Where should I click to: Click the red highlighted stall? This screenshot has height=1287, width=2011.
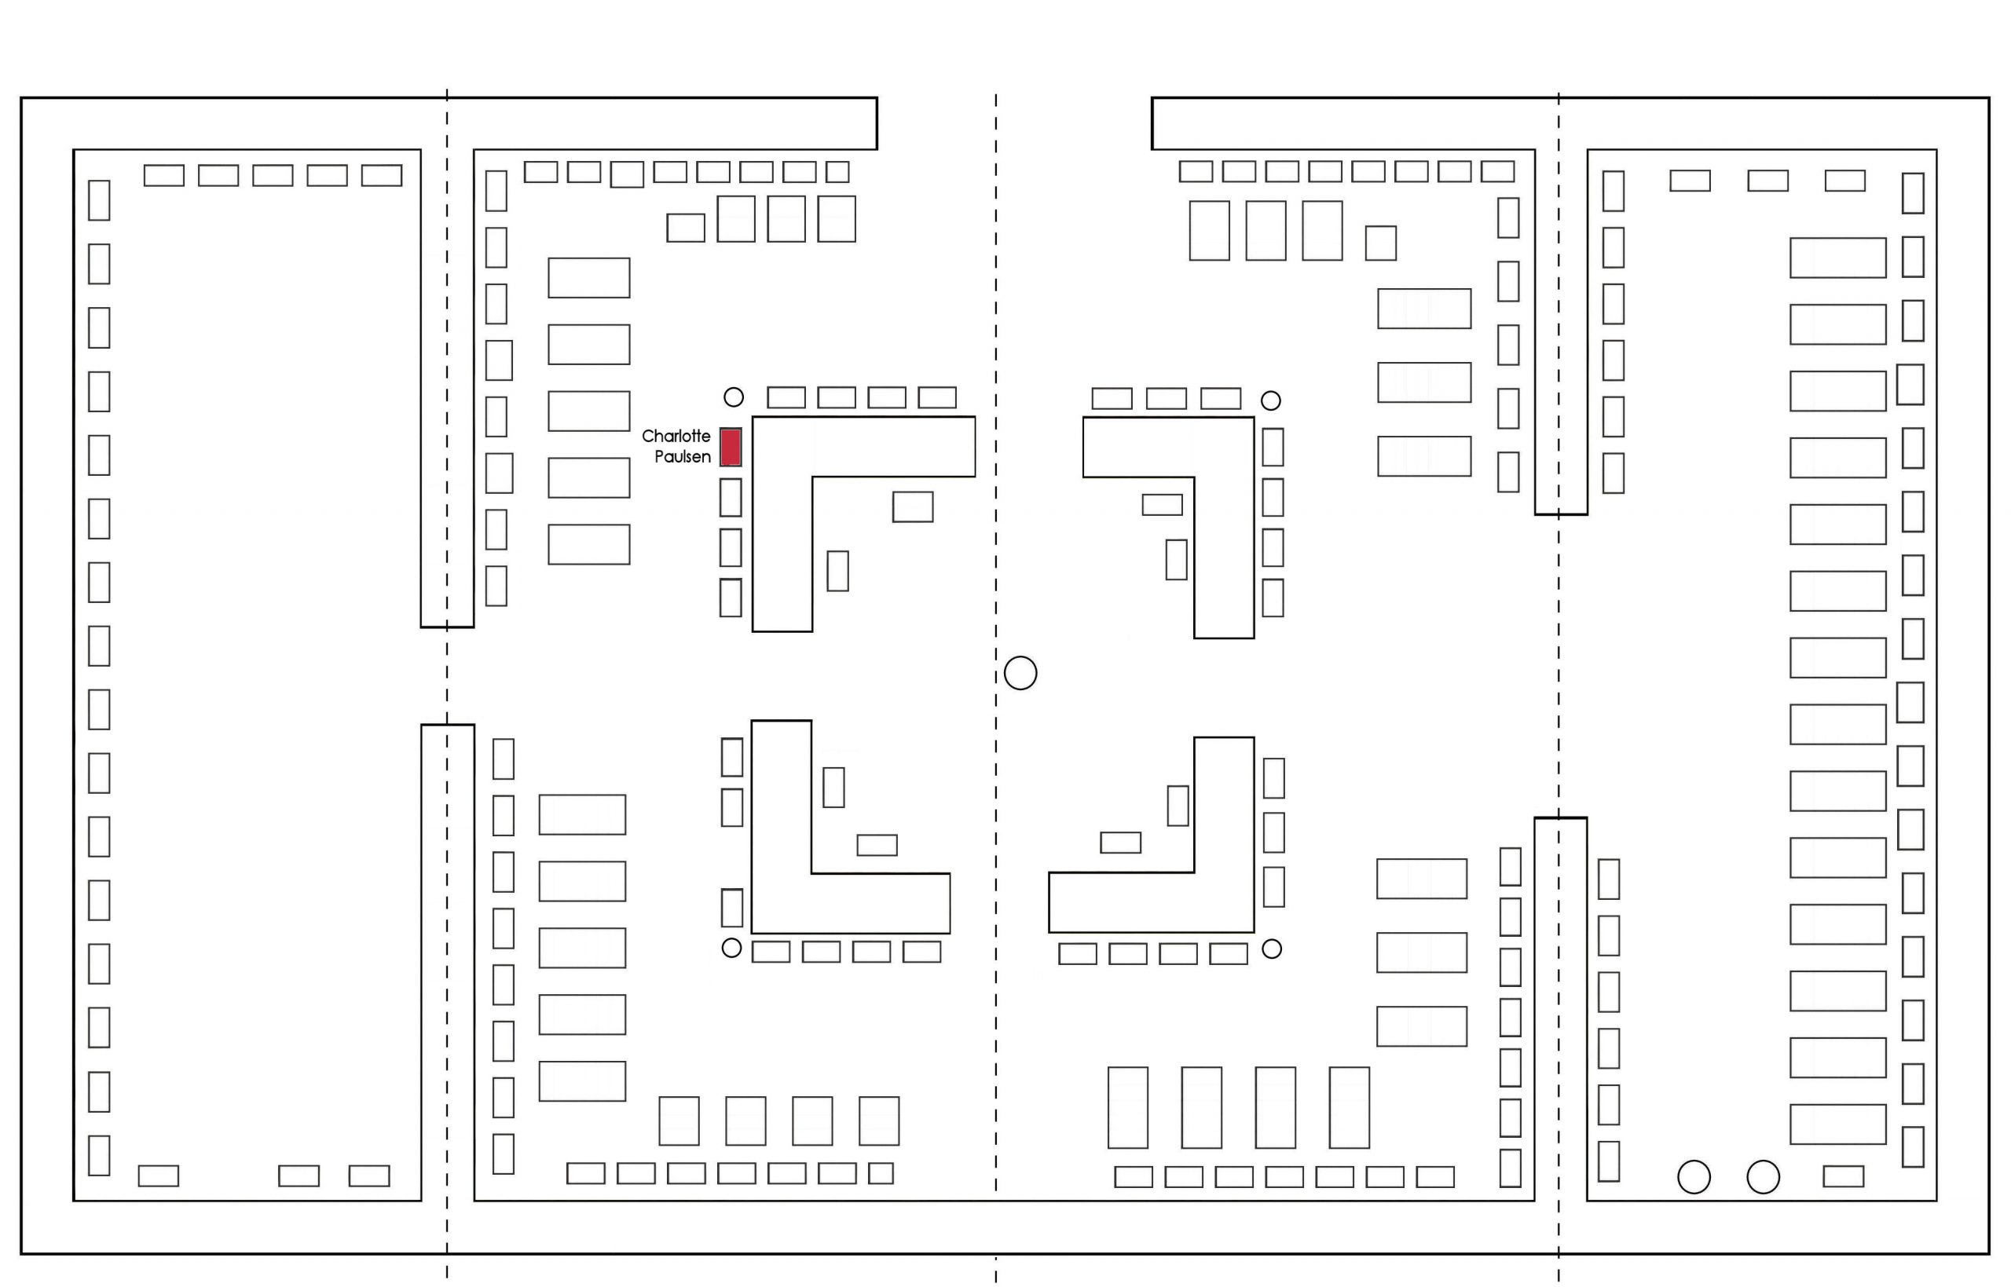point(731,447)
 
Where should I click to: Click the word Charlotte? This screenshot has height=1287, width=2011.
point(676,437)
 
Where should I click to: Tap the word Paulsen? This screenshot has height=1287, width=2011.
point(682,457)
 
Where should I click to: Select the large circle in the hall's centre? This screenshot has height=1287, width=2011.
point(1020,673)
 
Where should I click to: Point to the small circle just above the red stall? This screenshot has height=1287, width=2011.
point(733,397)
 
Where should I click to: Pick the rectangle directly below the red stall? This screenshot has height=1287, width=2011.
point(731,497)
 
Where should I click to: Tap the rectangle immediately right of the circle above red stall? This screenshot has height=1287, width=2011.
point(786,397)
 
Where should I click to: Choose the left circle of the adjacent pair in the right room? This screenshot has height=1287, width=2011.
point(1694,1177)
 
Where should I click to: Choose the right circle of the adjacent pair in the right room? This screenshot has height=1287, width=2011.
point(1763,1177)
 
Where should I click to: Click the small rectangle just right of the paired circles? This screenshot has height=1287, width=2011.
point(1843,1177)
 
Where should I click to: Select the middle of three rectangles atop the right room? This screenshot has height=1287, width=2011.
point(1767,181)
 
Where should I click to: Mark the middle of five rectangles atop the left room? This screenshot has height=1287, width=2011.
point(273,176)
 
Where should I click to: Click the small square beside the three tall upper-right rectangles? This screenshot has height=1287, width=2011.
point(1380,243)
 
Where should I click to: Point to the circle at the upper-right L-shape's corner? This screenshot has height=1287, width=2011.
point(1270,400)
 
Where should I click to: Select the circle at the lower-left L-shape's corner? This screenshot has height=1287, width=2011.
point(731,948)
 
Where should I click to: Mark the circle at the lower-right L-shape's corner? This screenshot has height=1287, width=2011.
point(1271,949)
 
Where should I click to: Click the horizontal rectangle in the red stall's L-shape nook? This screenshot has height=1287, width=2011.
point(912,507)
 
